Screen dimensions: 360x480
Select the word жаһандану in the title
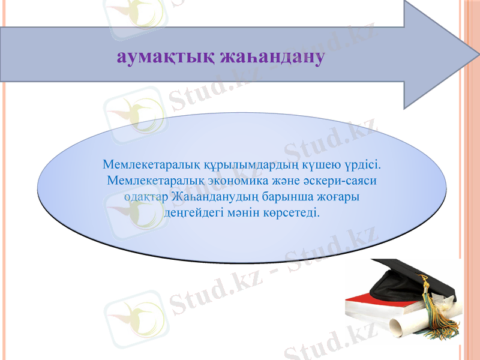pyautogui.click(x=273, y=57)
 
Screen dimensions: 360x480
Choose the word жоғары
pyautogui.click(x=340, y=197)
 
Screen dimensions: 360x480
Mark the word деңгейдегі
pyautogui.click(x=191, y=213)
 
